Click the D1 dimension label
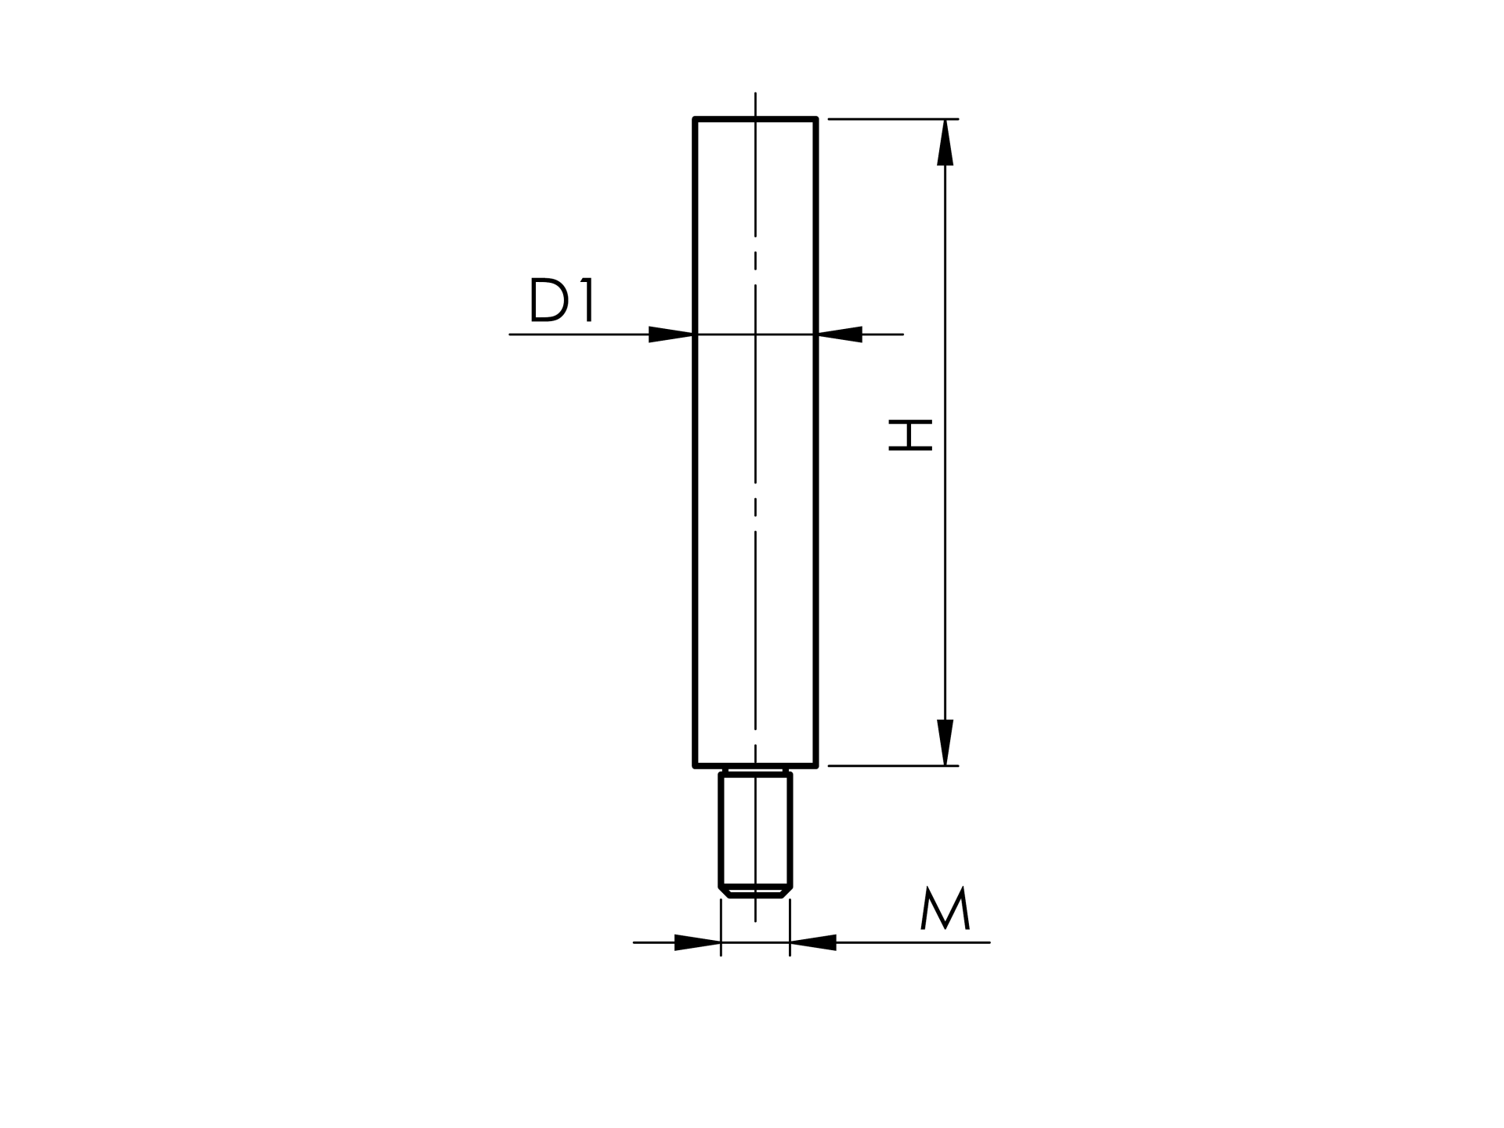click(562, 299)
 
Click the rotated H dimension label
click(910, 436)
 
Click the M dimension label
click(945, 908)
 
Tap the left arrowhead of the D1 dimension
click(671, 334)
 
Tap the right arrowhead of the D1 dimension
click(840, 334)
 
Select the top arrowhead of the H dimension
click(945, 143)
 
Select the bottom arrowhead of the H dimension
click(945, 742)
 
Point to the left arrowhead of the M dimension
click(697, 942)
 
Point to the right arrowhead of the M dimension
click(813, 942)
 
